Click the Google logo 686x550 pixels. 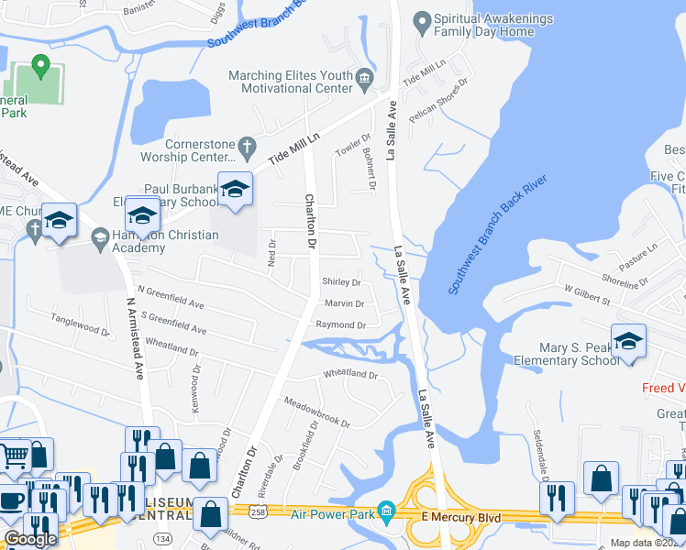[30, 539]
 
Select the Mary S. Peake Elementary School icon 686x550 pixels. [628, 341]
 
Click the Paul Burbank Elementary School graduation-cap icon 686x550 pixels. [235, 189]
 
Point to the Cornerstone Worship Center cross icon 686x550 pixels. [246, 145]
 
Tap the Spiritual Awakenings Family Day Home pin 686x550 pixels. [422, 19]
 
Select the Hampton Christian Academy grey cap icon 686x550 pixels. [99, 236]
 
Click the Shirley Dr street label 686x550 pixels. [340, 282]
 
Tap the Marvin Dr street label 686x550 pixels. [344, 303]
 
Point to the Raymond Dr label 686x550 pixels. [340, 325]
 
